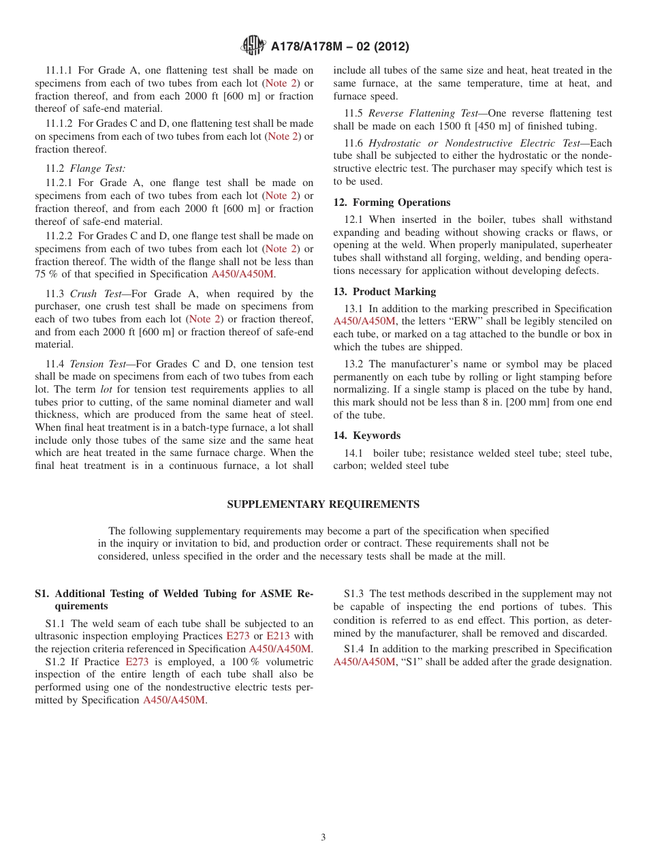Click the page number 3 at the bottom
(x=323, y=838)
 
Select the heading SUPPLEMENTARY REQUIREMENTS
(x=323, y=504)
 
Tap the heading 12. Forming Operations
(x=392, y=202)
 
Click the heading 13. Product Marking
(x=384, y=292)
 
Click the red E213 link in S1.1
(x=278, y=636)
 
